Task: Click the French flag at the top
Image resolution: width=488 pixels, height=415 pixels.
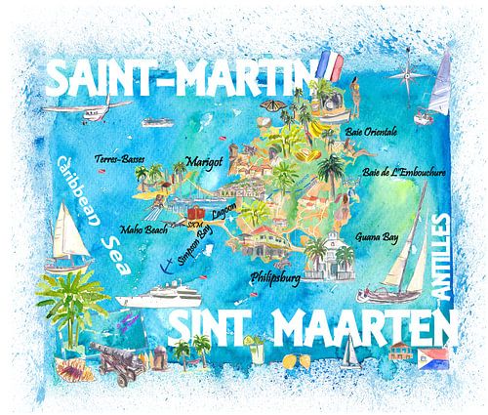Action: (x=328, y=69)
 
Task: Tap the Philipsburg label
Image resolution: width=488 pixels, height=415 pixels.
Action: (x=275, y=275)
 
